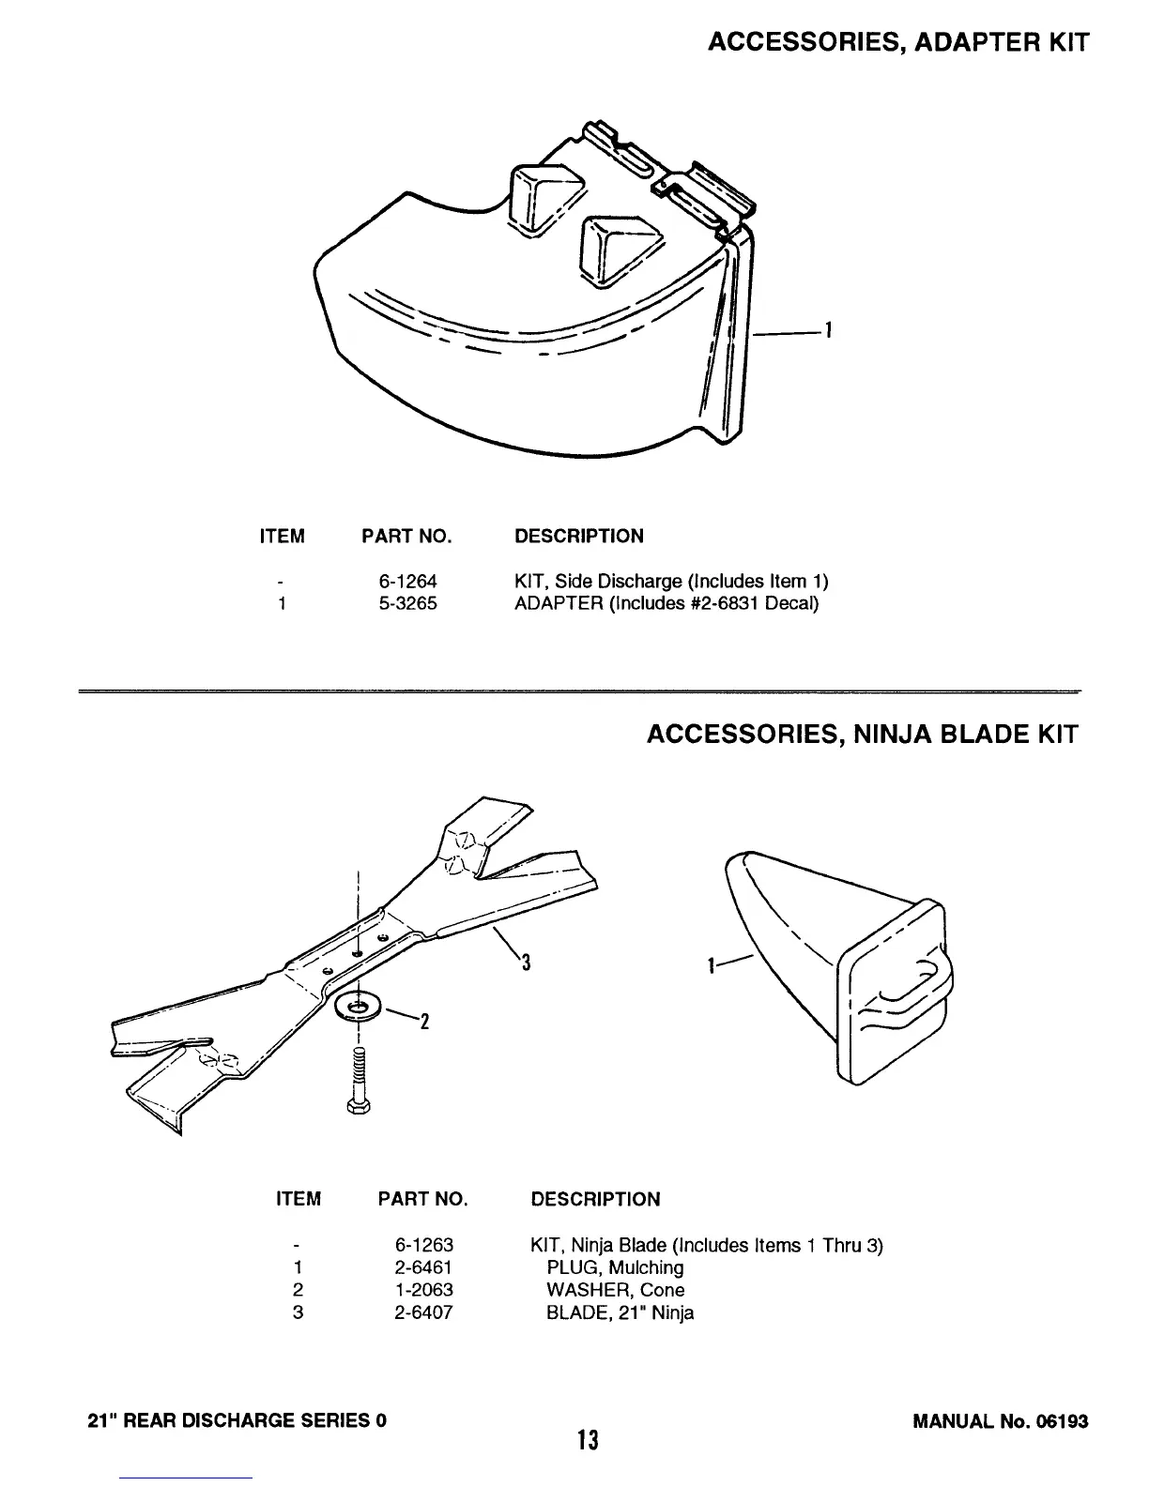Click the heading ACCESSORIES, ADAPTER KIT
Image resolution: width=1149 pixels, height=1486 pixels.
pyautogui.click(x=897, y=42)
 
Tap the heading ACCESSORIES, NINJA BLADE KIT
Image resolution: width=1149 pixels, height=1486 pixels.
pyautogui.click(x=862, y=734)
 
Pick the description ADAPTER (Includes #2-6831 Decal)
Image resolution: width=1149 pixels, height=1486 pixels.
pyautogui.click(x=666, y=603)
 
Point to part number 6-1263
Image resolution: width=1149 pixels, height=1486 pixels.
pyautogui.click(x=424, y=1245)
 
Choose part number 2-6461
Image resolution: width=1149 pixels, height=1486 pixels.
pyautogui.click(x=424, y=1267)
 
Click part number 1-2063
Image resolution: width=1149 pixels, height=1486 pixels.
pyautogui.click(x=424, y=1290)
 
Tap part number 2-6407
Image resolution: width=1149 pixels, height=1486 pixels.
pyautogui.click(x=424, y=1312)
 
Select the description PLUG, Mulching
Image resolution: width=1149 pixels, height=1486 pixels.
pyautogui.click(x=615, y=1267)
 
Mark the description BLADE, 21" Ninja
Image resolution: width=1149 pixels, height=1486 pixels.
pyautogui.click(x=620, y=1312)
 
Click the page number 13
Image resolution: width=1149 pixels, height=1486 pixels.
pyautogui.click(x=588, y=1439)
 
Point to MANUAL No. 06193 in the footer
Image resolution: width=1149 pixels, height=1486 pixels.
pyautogui.click(x=1000, y=1420)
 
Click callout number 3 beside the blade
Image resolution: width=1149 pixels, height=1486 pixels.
pyautogui.click(x=527, y=963)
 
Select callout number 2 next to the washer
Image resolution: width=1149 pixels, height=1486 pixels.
pyautogui.click(x=423, y=1022)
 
